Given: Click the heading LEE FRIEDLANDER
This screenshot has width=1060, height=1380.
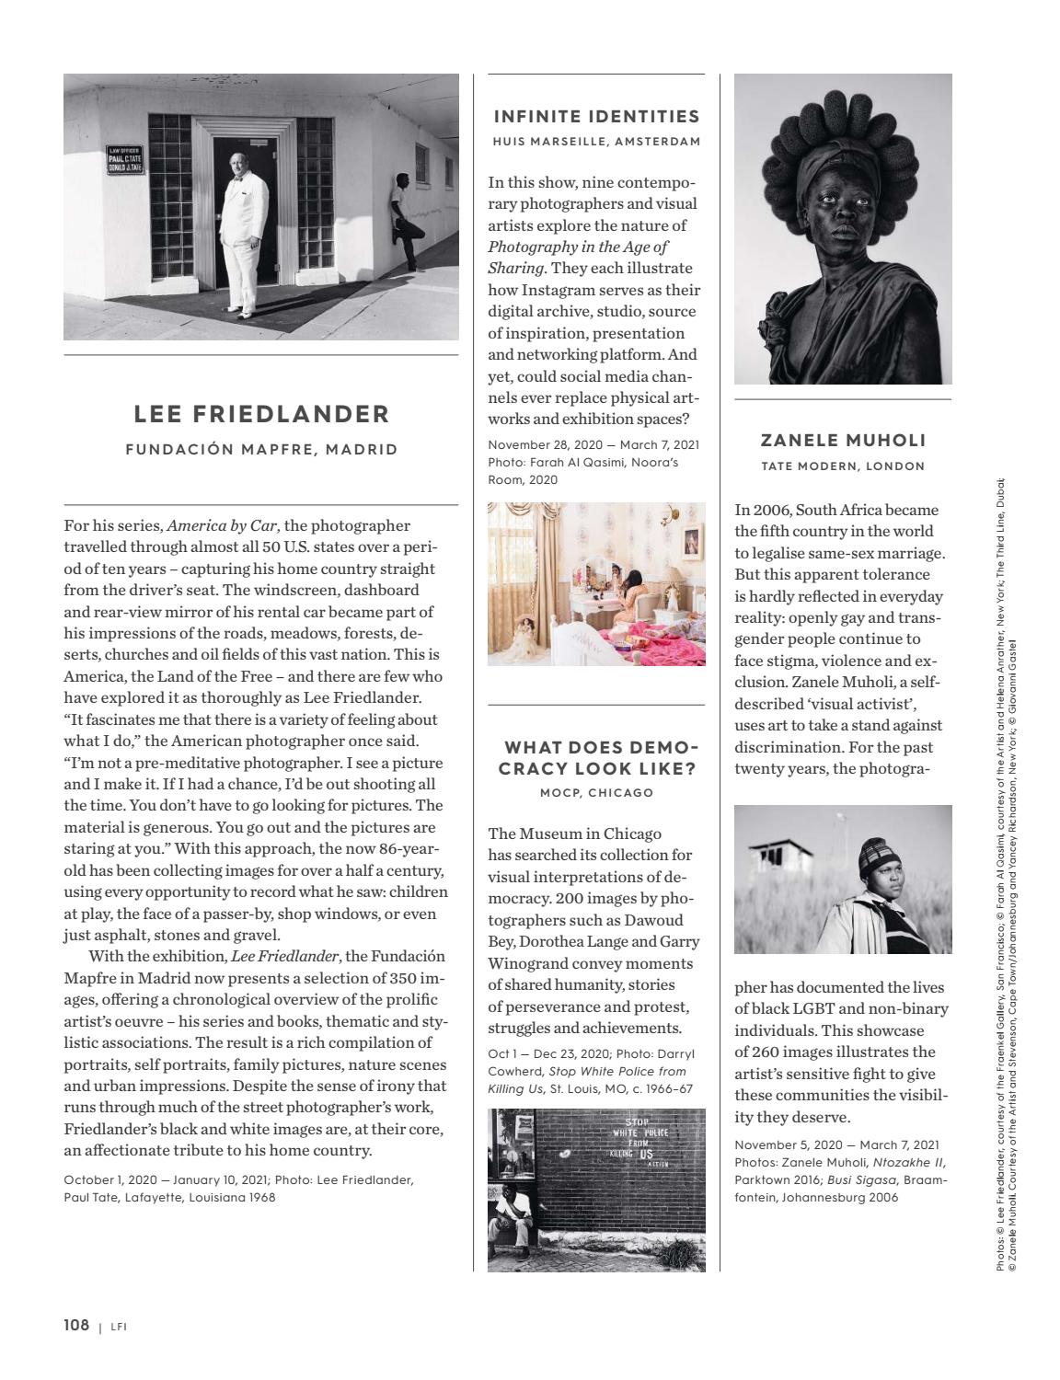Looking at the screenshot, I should [x=261, y=414].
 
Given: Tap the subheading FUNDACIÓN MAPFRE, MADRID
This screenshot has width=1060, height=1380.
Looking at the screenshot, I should [x=261, y=450].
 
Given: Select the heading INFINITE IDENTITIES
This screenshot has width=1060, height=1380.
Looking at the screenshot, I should [x=596, y=116].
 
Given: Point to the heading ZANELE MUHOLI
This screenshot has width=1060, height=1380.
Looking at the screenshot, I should [x=843, y=441].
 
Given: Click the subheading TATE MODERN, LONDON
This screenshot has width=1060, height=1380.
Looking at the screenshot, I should [x=843, y=466].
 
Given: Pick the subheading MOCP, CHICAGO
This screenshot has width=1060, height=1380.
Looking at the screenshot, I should [x=596, y=793].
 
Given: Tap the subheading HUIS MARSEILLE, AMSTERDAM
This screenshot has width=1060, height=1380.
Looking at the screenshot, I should [x=596, y=142].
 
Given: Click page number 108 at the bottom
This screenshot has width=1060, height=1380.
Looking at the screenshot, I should [x=76, y=1325].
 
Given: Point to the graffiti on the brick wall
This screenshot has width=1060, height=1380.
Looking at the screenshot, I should [x=637, y=1142].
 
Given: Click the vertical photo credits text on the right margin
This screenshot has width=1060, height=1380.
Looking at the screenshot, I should [x=1006, y=874].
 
